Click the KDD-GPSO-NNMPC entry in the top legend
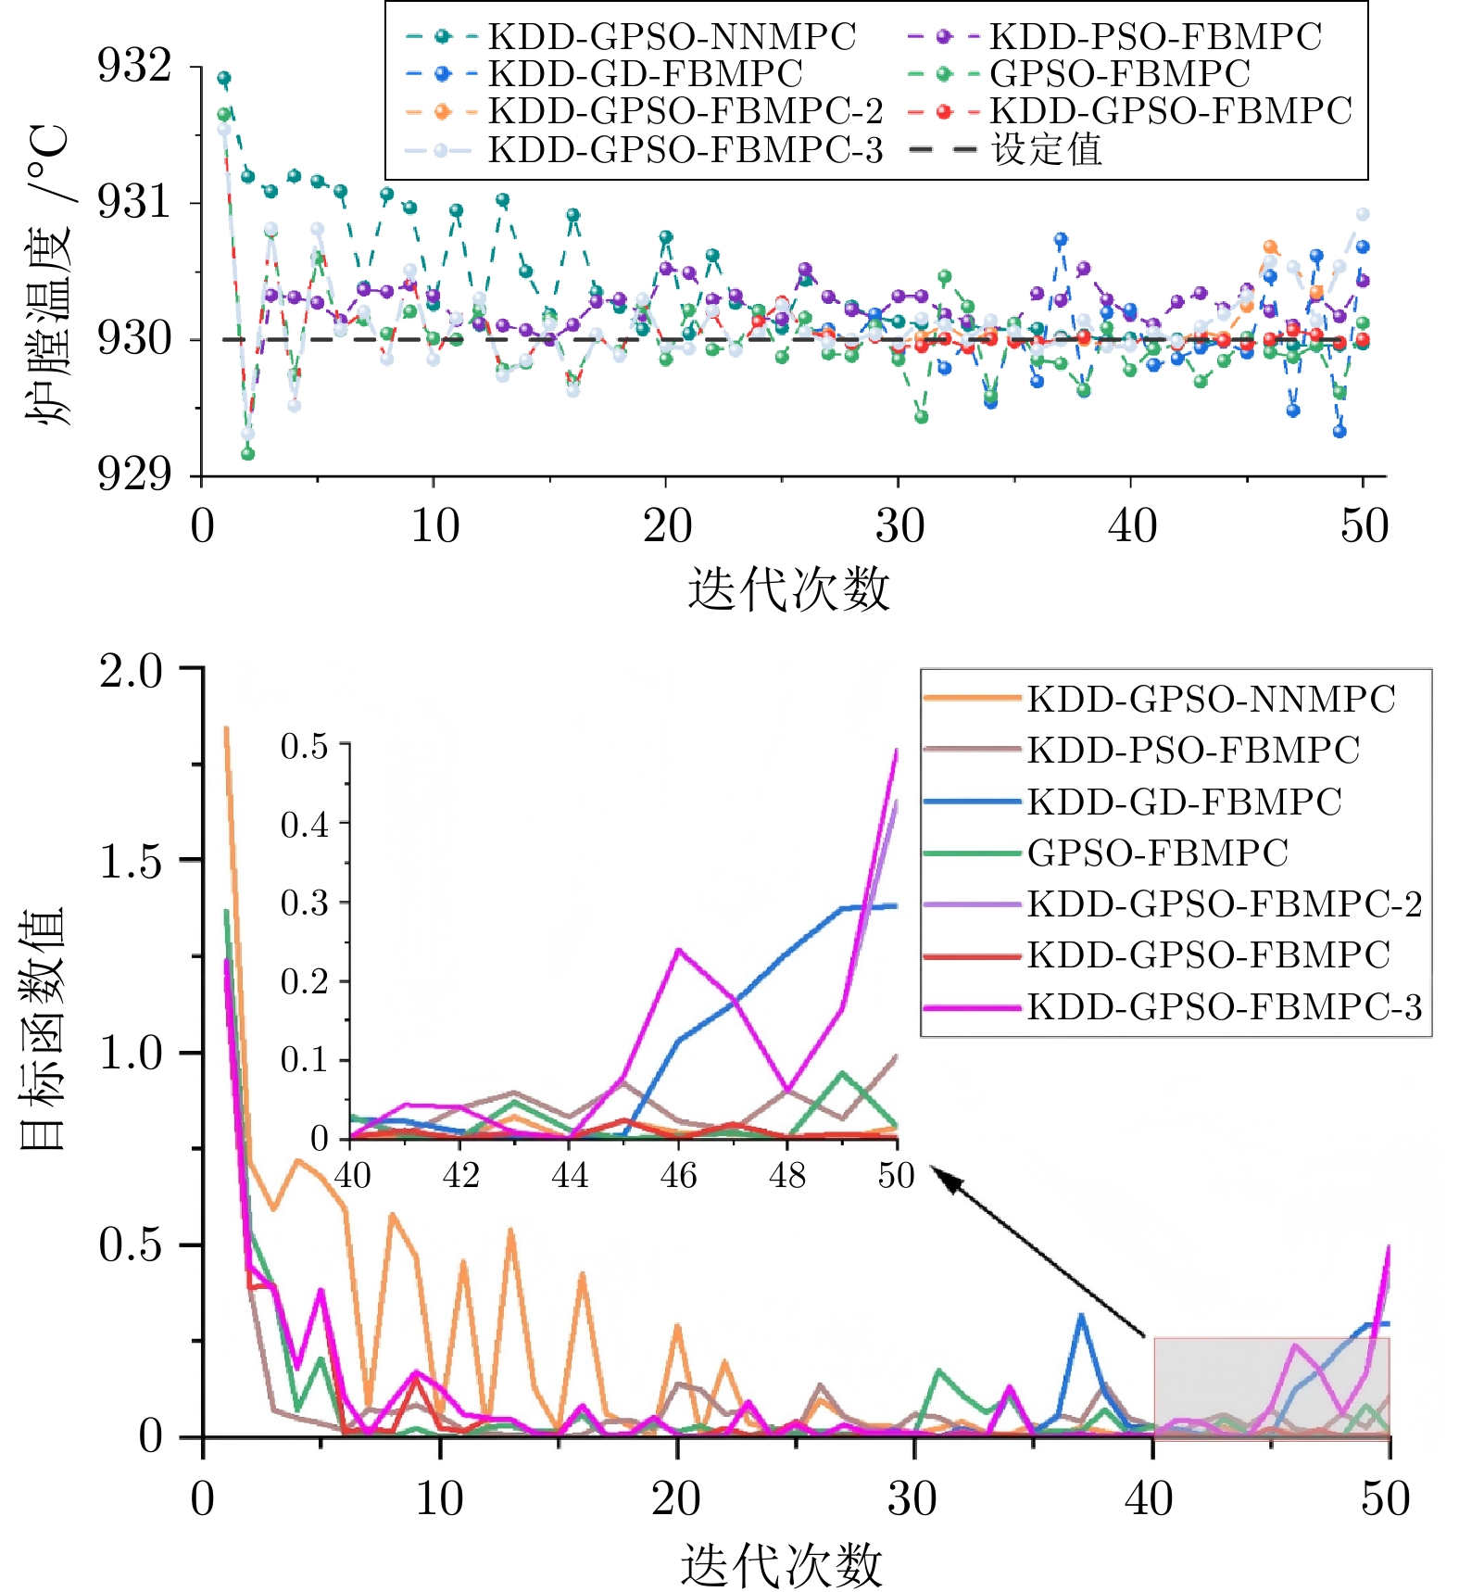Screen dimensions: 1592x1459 (x=672, y=37)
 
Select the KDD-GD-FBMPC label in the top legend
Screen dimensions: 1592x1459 (x=645, y=74)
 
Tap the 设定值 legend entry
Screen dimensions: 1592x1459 (x=1047, y=149)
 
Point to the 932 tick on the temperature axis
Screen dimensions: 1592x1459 (x=135, y=66)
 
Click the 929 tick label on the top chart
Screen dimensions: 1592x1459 (x=135, y=474)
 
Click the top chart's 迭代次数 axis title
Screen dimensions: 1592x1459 (x=788, y=589)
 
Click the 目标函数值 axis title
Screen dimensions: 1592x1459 (x=43, y=1029)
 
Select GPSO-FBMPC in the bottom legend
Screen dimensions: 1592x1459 (x=1157, y=853)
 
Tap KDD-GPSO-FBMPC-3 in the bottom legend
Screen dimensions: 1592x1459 (x=1224, y=1007)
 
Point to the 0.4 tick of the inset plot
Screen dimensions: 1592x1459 (x=305, y=823)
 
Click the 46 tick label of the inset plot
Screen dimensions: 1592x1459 (x=678, y=1176)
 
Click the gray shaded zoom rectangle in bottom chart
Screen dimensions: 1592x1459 (x=1271, y=1387)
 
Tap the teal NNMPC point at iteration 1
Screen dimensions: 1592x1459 (x=224, y=79)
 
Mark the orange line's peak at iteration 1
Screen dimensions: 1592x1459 (x=227, y=729)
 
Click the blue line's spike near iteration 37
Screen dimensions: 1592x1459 (x=1080, y=1316)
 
